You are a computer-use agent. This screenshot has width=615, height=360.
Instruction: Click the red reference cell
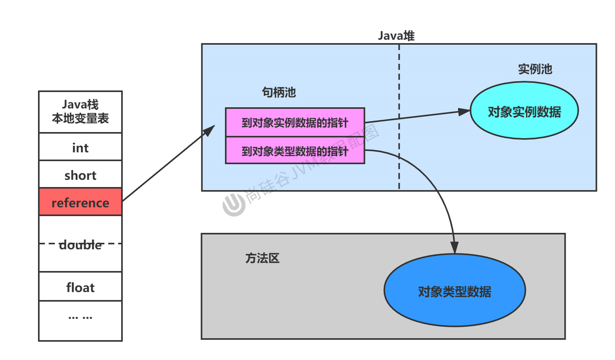[x=80, y=202]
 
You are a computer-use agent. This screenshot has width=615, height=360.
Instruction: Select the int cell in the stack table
[x=80, y=148]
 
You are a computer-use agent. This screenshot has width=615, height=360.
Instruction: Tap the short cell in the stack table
[x=80, y=175]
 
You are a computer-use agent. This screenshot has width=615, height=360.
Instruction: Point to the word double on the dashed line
[x=80, y=245]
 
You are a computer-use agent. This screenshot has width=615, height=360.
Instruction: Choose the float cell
[x=80, y=287]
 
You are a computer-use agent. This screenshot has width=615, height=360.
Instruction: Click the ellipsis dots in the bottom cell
[x=80, y=318]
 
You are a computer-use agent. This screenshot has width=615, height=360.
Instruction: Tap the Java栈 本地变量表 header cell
[x=80, y=112]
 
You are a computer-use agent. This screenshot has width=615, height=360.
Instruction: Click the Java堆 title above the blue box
[x=396, y=36]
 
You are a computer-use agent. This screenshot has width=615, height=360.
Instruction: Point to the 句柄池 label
[x=279, y=92]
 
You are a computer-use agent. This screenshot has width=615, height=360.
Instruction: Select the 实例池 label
[x=535, y=69]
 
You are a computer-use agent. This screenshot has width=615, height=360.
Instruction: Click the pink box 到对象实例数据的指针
[x=295, y=123]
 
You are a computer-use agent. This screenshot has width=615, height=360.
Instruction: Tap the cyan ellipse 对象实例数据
[x=524, y=111]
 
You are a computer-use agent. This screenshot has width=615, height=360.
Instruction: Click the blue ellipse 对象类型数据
[x=454, y=291]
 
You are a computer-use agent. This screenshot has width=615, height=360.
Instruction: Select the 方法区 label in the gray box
[x=262, y=258]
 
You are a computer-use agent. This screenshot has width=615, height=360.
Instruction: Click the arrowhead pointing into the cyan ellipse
[x=464, y=112]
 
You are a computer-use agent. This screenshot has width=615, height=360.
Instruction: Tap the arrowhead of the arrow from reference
[x=210, y=130]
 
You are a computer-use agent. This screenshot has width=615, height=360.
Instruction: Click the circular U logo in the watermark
[x=234, y=205]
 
